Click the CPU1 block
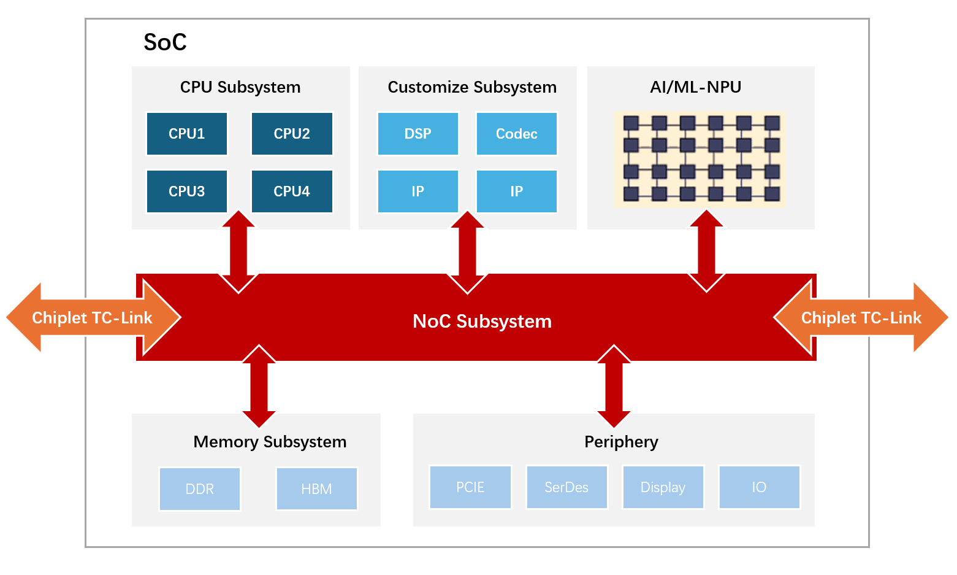pos(187,133)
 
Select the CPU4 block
pos(292,191)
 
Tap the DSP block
pos(418,133)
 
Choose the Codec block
pos(517,133)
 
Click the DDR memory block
pos(199,488)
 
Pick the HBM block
pos(316,488)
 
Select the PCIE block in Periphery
pos(470,487)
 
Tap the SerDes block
pos(566,487)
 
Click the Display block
pos(663,487)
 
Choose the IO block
pos(759,487)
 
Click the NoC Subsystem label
pos(482,322)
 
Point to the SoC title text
pos(165,42)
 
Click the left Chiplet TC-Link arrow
pos(93,317)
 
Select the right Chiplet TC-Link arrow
pos(861,317)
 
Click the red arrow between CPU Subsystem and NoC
pos(238,252)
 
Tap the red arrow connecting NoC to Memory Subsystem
pos(259,386)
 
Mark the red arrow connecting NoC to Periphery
pos(614,386)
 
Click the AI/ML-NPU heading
pos(696,87)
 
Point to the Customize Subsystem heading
pos(472,87)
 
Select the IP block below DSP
pos(418,191)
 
